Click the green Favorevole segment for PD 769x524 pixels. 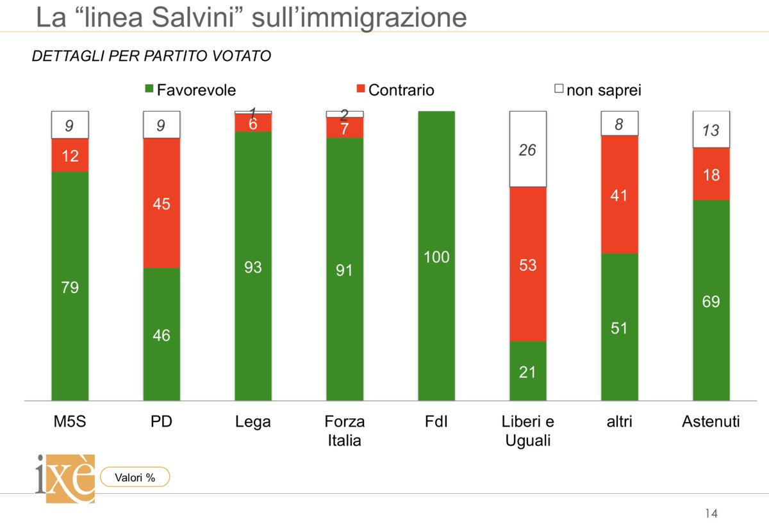tap(161, 334)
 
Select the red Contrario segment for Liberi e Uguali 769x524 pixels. tap(527, 264)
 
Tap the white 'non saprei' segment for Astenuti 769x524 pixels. tap(711, 130)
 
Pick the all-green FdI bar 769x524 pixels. tap(436, 257)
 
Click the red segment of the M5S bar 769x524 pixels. tap(70, 155)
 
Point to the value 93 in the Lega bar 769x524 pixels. tap(253, 267)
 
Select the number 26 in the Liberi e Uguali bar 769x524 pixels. tap(527, 150)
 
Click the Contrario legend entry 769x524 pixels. tap(394, 90)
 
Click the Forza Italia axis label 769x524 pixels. tap(344, 430)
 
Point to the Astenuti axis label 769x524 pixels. tap(711, 421)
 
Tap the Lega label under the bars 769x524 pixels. tap(253, 421)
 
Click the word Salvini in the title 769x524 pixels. tap(196, 17)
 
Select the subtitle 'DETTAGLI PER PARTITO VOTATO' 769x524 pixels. tap(151, 56)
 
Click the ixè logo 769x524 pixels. tap(65, 478)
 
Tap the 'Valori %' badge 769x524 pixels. tap(135, 477)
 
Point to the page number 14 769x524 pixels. tap(711, 513)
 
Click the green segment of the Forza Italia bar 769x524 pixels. tap(344, 269)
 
